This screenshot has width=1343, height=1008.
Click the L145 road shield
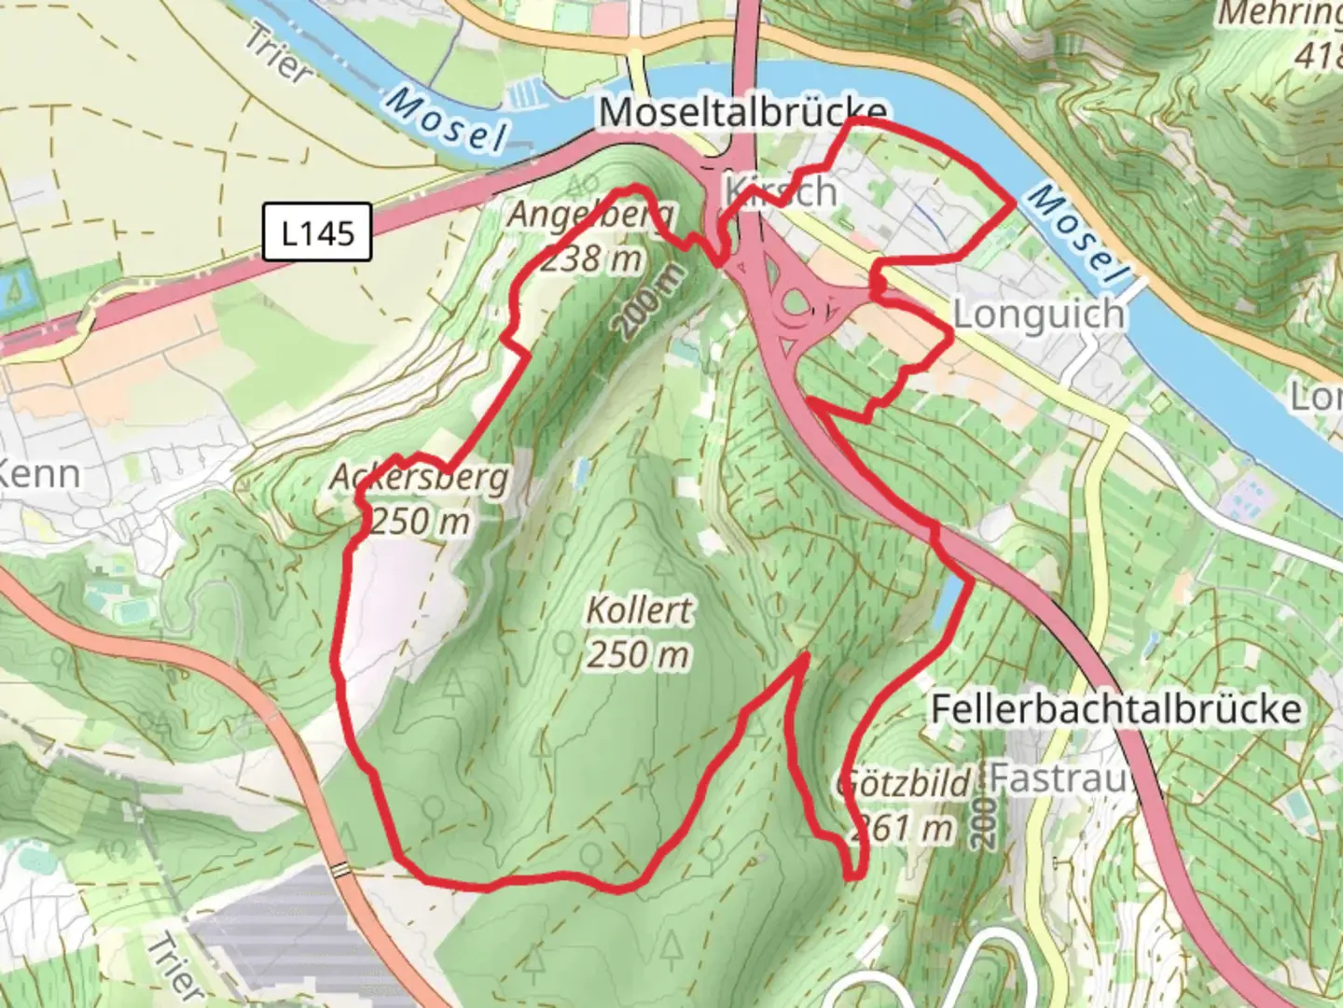click(318, 232)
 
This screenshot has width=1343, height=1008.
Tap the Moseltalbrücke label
click(741, 113)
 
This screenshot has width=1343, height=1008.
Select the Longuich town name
click(1038, 315)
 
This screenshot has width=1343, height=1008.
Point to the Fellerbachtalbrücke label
click(1116, 709)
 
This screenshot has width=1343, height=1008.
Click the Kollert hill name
click(640, 611)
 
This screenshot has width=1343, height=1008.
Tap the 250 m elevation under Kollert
click(640, 655)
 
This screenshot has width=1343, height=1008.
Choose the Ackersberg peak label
click(421, 478)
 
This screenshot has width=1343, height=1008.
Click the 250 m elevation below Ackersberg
click(421, 521)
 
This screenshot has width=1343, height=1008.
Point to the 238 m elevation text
click(591, 258)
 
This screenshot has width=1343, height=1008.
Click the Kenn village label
click(37, 474)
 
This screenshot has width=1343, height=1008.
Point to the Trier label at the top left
click(277, 53)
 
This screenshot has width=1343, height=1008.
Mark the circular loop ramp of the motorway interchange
click(796, 303)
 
